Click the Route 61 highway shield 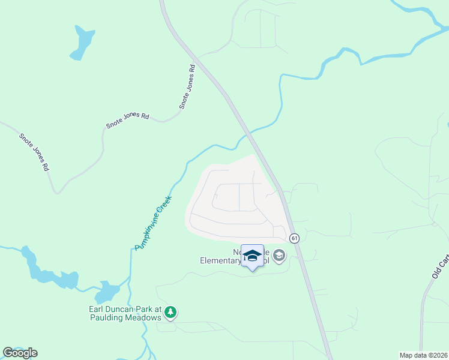point(294,238)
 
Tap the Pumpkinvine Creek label point(154,223)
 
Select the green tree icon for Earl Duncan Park point(171,312)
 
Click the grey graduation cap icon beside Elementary point(279,256)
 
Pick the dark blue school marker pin point(252,257)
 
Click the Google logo point(20,353)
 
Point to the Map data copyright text point(423,355)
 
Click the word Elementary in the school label point(220,261)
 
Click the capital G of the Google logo point(8,353)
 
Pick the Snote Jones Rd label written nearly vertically point(188,86)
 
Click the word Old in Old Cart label point(437,273)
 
